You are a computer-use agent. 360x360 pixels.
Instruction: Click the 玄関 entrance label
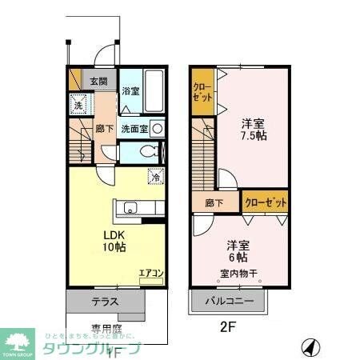coord(98,80)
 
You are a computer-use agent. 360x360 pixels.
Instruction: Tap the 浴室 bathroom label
coord(130,91)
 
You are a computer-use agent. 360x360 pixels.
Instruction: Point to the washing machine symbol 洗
coord(78,105)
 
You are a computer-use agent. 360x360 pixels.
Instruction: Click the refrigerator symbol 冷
coord(156,178)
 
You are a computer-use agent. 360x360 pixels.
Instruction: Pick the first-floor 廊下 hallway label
coord(103,128)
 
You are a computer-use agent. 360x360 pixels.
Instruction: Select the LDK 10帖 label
coord(114,241)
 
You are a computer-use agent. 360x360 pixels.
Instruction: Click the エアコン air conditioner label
coord(150,274)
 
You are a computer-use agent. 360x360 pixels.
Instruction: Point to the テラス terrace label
coord(105,302)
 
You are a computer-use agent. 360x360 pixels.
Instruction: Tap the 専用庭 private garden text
coord(105,329)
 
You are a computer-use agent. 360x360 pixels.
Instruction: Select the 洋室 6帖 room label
coord(236,251)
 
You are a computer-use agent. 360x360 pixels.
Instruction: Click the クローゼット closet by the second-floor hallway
coord(265,203)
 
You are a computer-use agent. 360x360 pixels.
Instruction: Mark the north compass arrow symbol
coord(310,348)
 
